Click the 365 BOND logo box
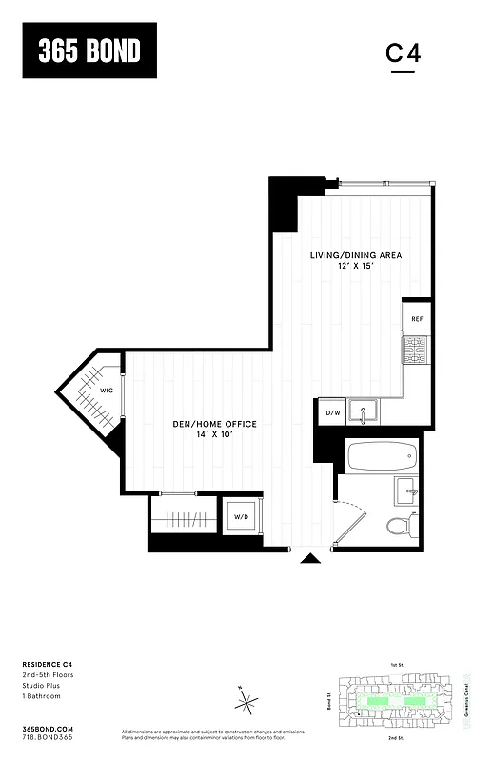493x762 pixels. (x=89, y=50)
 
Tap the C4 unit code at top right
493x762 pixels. (x=403, y=52)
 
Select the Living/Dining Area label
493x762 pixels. (x=356, y=255)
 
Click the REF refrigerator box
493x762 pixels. (x=416, y=320)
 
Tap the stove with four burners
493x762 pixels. (x=415, y=351)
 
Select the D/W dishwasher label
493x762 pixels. (x=333, y=412)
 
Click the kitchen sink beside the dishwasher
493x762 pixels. (x=364, y=412)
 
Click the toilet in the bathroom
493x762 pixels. (x=399, y=523)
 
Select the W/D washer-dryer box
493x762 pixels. (x=242, y=517)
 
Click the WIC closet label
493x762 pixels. (x=108, y=391)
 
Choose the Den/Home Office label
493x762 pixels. (x=213, y=424)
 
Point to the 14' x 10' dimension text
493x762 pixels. (x=213, y=434)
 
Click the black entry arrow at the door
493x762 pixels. (x=309, y=559)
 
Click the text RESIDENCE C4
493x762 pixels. (x=49, y=665)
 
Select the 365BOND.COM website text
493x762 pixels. (x=46, y=728)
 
